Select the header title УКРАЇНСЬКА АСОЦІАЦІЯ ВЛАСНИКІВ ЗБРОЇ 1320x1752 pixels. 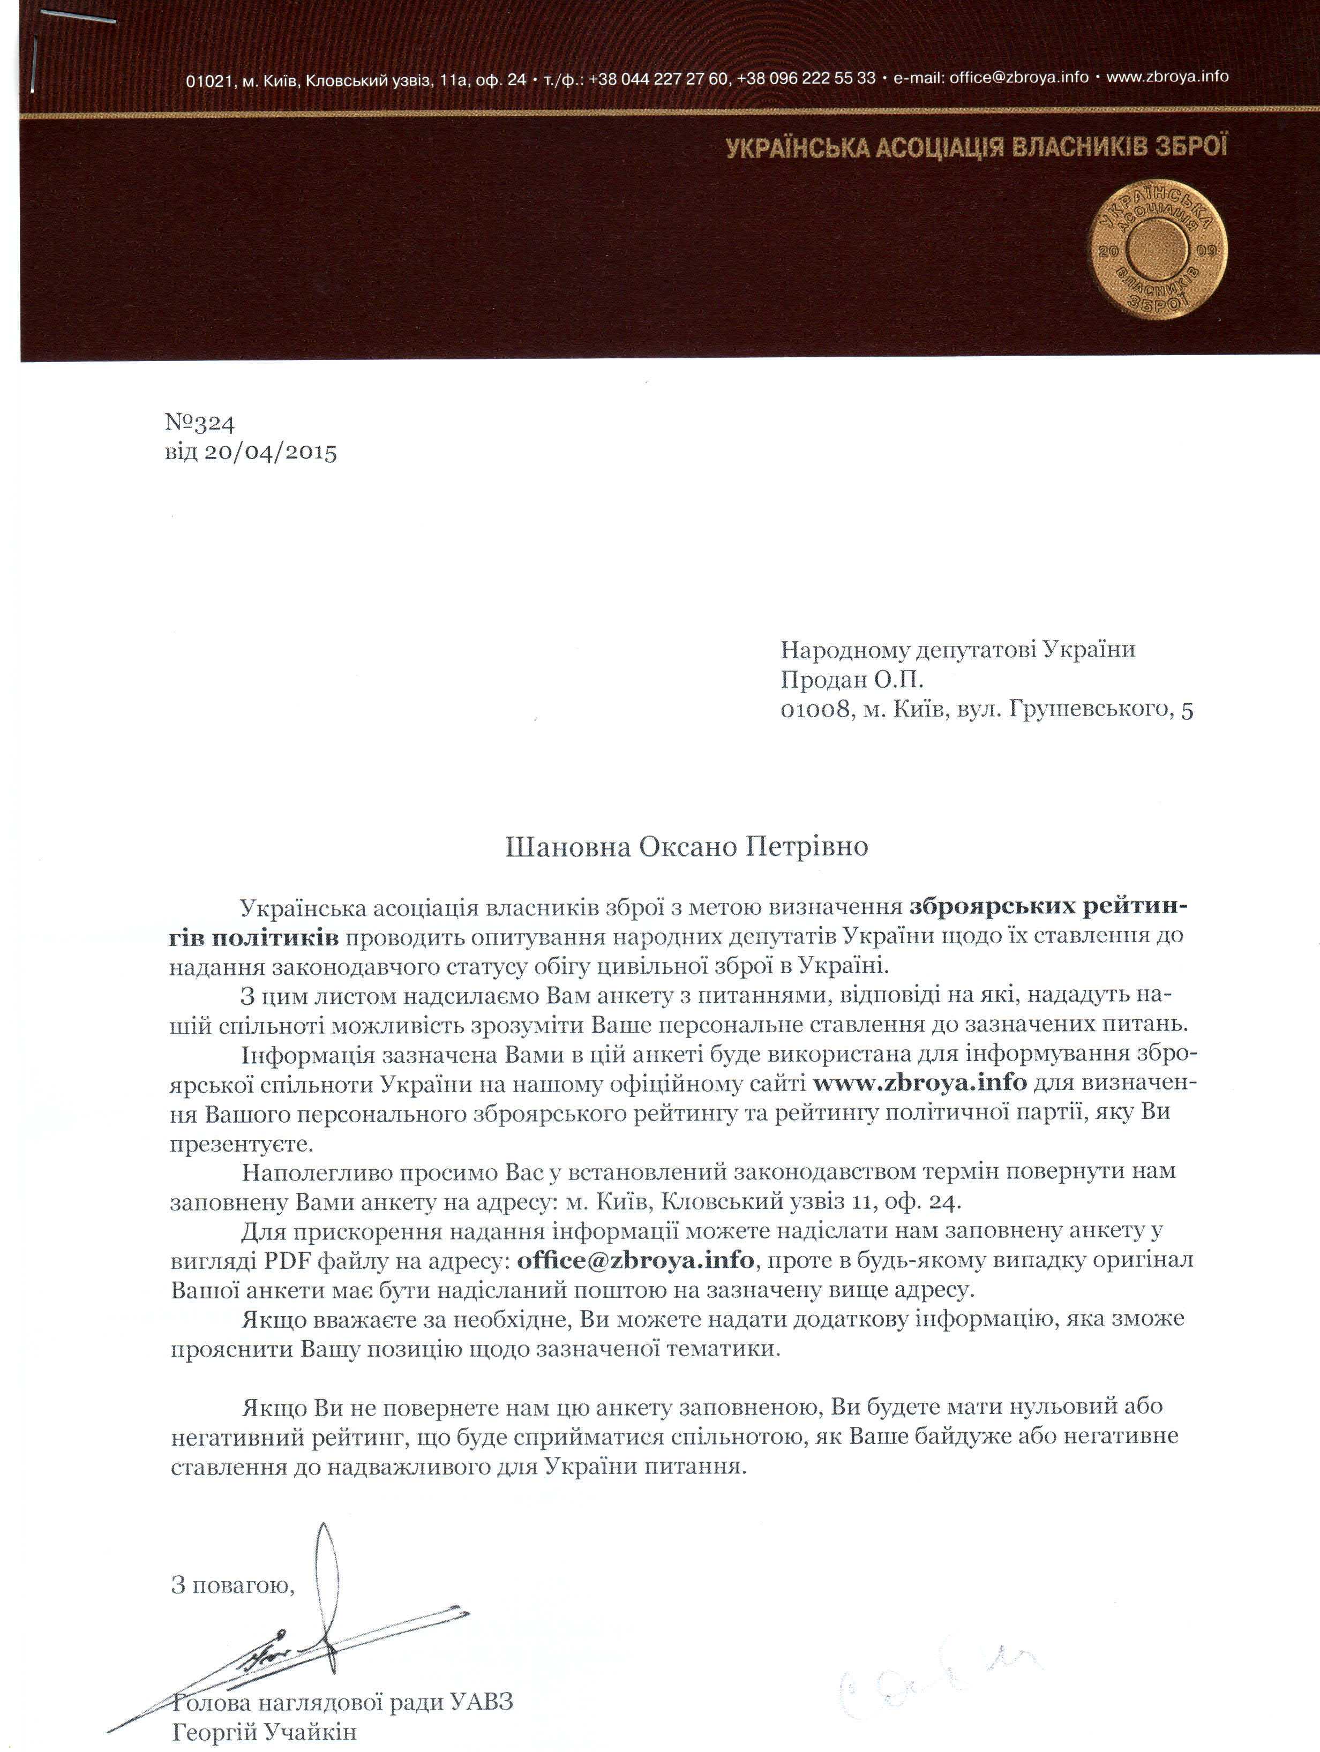point(976,148)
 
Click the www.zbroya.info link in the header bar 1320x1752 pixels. point(1167,77)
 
